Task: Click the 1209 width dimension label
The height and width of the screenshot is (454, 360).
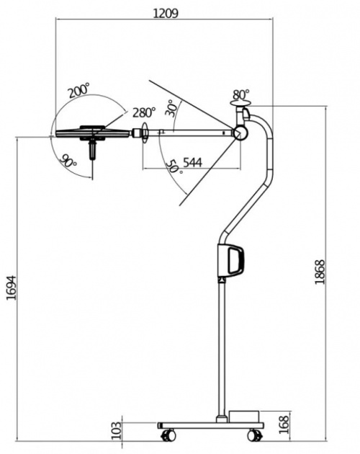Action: [x=166, y=13]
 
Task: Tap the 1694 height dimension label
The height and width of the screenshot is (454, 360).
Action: [x=12, y=288]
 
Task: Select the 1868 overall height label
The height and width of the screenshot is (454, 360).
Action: [x=320, y=272]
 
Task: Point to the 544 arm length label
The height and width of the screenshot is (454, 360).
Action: [x=193, y=163]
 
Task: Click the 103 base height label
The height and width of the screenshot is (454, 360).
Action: [x=117, y=430]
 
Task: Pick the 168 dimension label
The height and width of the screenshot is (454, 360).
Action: [x=284, y=424]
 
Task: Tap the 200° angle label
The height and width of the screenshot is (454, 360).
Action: [x=78, y=90]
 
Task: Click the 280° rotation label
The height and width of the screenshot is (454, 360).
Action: [x=144, y=112]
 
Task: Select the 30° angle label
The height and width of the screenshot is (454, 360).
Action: [x=173, y=109]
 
